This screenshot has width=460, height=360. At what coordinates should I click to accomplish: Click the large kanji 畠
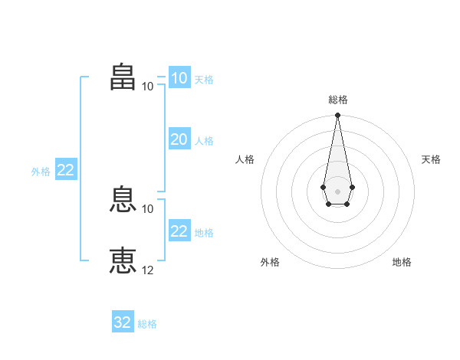[123, 77]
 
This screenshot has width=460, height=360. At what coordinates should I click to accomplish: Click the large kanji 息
[123, 199]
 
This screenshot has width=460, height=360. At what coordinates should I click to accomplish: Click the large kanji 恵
[123, 260]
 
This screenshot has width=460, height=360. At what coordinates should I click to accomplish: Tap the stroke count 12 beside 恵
[147, 270]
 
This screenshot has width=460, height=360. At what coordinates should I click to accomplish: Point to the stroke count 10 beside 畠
[147, 87]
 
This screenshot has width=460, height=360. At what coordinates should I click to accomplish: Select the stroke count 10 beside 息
[147, 209]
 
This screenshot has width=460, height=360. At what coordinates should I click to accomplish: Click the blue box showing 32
[123, 321]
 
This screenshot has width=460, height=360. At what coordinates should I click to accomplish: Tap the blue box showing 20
[180, 139]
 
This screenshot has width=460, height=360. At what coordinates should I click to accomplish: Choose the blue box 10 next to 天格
[180, 77]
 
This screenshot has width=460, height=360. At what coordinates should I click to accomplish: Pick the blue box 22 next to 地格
[180, 230]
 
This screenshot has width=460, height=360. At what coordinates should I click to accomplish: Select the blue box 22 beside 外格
[66, 169]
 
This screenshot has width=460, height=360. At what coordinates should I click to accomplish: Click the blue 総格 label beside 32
[147, 324]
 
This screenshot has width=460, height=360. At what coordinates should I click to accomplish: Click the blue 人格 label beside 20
[204, 141]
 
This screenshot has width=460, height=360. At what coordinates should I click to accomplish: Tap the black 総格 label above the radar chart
[338, 100]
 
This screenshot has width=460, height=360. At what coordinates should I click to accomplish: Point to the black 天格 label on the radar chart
[431, 159]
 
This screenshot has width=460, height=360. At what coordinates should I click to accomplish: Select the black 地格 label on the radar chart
[402, 262]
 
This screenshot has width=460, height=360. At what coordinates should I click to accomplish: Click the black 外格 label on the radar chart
[270, 262]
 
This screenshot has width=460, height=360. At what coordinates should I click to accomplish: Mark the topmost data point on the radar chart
[337, 115]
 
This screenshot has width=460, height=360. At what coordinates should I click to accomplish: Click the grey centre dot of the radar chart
[337, 191]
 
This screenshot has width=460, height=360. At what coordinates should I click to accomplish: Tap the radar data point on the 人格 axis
[323, 187]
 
